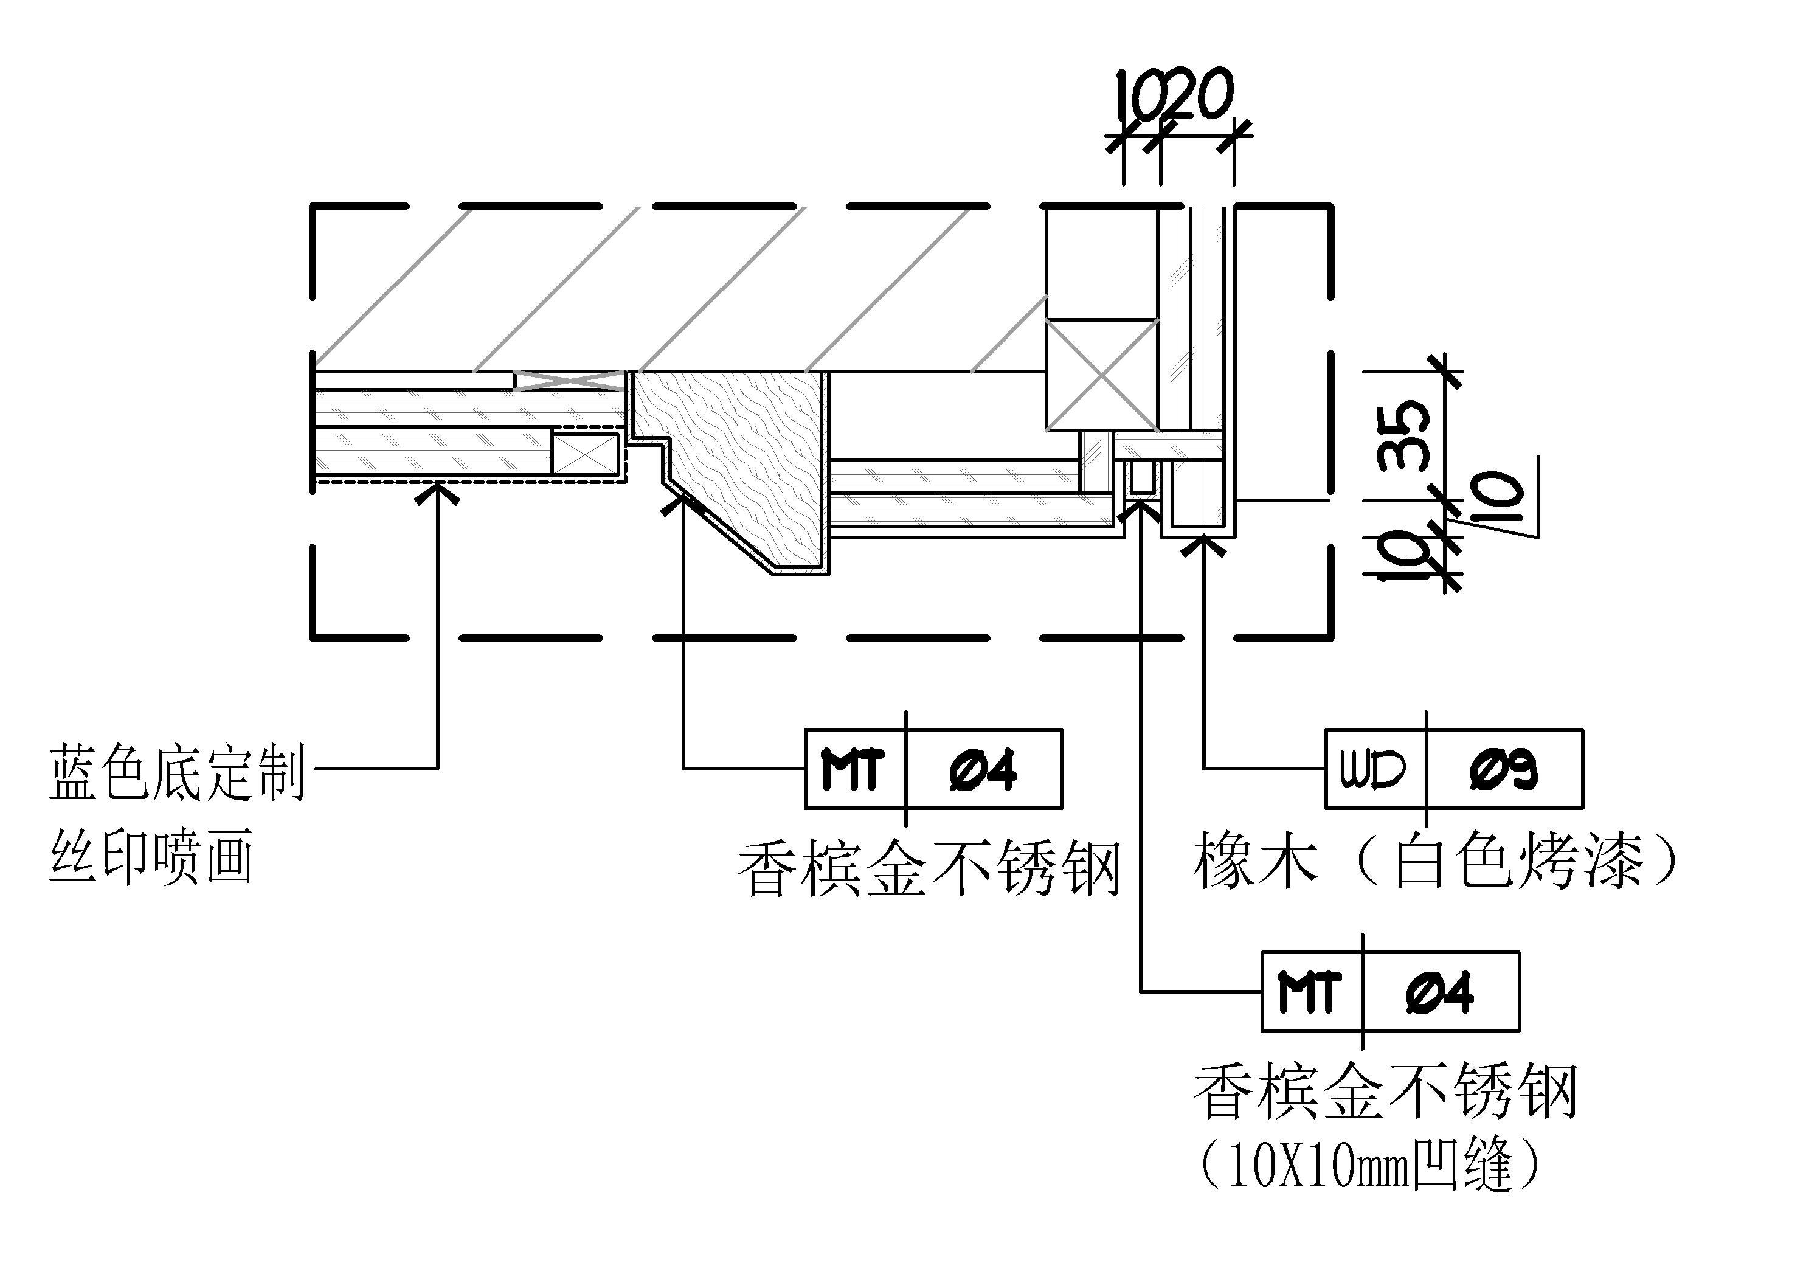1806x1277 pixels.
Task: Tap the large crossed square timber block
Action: [1101, 375]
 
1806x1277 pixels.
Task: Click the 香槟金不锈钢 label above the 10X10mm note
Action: [1385, 1092]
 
